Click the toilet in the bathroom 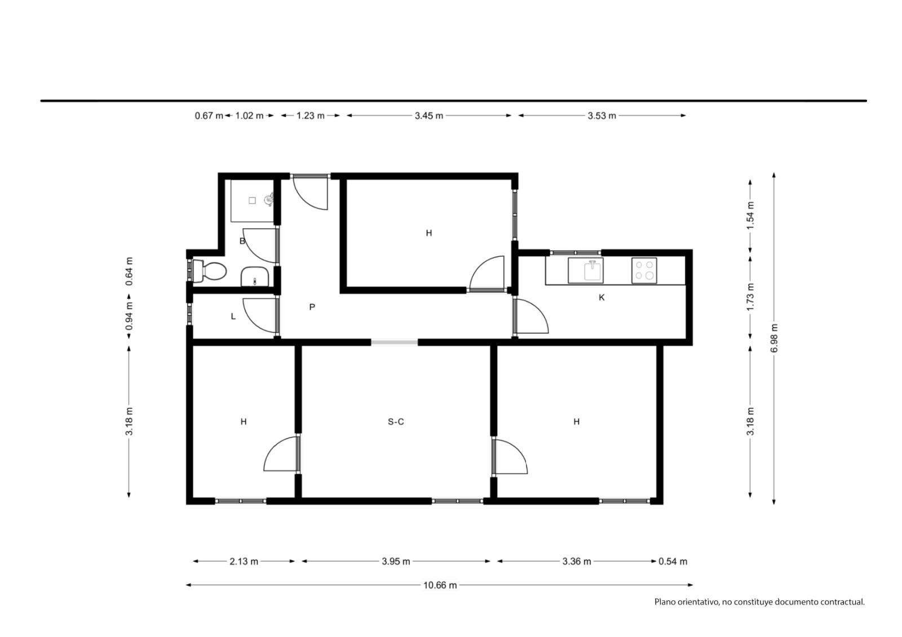point(209,271)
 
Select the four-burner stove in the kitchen point(644,270)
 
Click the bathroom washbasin point(254,277)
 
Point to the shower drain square point(252,201)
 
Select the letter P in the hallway point(312,307)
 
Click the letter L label point(233,317)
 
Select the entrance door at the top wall point(311,193)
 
